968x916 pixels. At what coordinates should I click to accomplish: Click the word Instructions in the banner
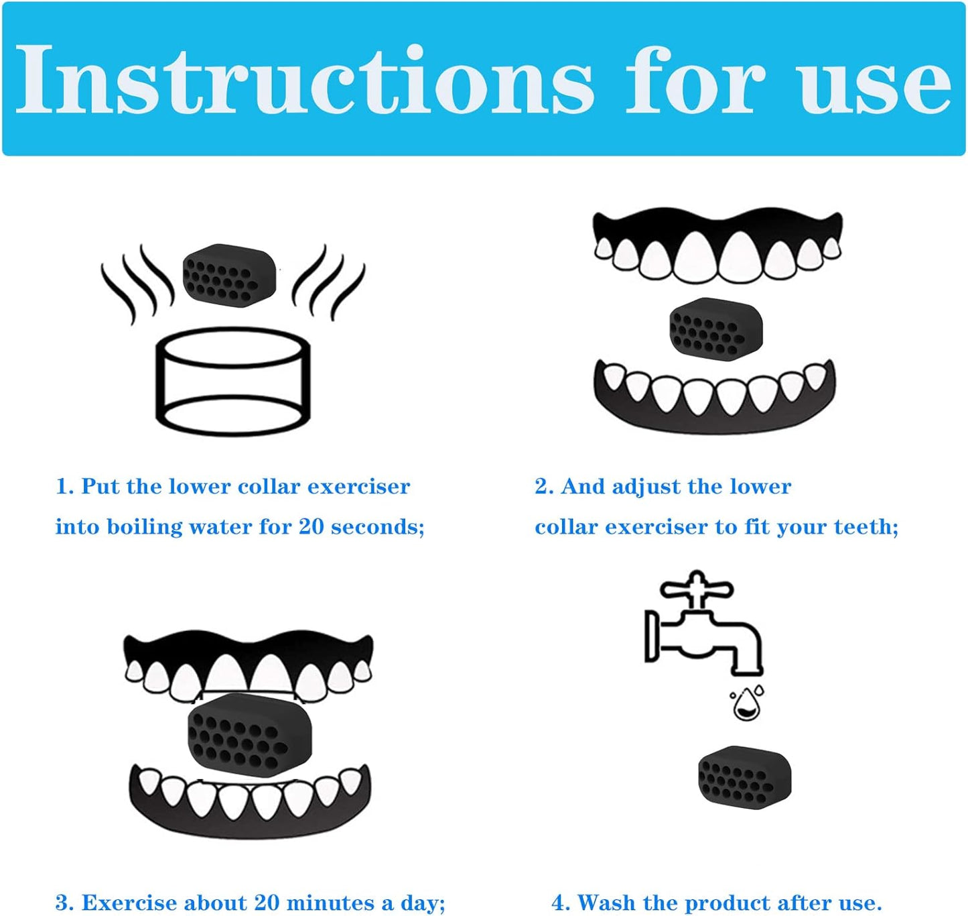[303, 79]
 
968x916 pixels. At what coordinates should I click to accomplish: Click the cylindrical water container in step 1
[233, 382]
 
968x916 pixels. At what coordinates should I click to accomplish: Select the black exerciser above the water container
[229, 276]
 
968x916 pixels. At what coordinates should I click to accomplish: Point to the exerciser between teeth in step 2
[716, 329]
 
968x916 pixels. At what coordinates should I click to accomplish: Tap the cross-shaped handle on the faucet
[696, 588]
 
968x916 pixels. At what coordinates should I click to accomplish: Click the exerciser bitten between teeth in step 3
[250, 731]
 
